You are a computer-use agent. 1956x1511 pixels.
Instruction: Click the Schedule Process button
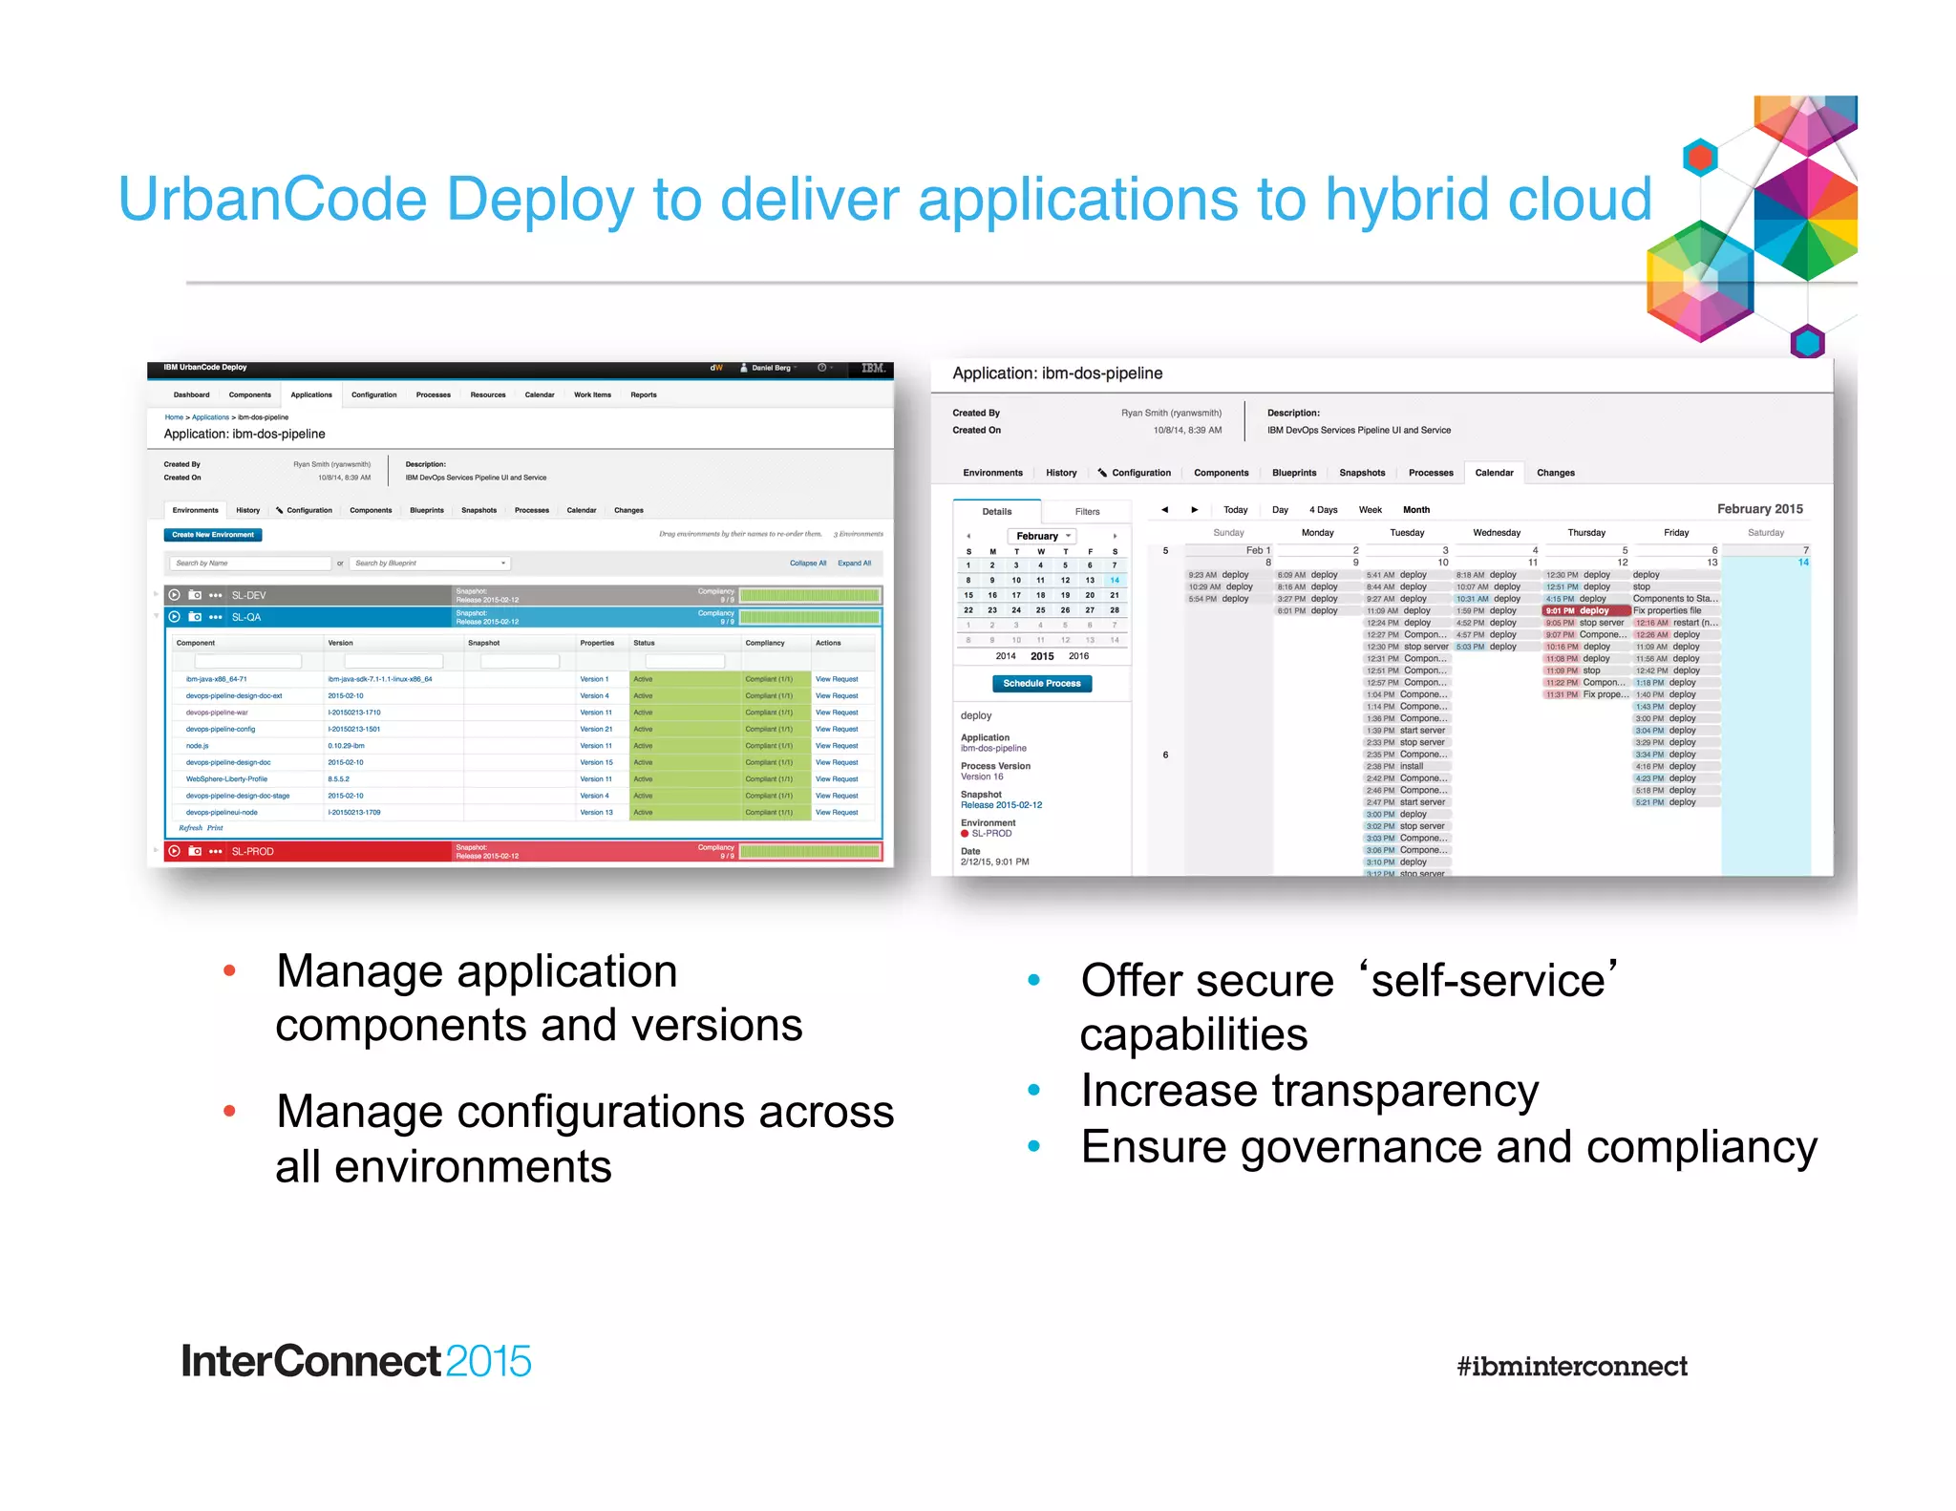pos(1041,683)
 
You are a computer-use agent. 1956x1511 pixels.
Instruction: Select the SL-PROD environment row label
pos(252,851)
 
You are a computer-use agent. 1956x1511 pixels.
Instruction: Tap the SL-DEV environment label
pos(248,595)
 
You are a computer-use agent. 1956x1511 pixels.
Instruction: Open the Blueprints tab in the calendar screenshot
pos(1293,473)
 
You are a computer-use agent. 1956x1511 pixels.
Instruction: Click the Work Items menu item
pos(592,394)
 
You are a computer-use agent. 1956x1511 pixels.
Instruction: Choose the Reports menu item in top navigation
pos(643,394)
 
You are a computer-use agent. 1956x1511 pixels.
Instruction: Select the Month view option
pos(1415,510)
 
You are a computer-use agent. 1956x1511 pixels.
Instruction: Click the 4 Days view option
pos(1323,510)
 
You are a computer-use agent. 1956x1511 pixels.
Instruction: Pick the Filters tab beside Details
pos(1087,512)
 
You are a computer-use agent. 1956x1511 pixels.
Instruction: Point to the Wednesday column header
pos(1496,533)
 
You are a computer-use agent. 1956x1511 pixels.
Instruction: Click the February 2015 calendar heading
pos(1759,509)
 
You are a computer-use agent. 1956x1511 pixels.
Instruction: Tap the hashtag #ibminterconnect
pos(1571,1366)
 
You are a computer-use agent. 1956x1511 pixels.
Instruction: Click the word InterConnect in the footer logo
pos(310,1361)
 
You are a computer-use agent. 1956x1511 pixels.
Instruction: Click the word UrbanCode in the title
pos(272,200)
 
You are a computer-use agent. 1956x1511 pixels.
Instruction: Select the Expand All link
pos(854,564)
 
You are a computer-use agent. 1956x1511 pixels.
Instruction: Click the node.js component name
pos(197,746)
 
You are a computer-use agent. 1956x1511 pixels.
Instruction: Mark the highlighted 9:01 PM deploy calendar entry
pos(1585,610)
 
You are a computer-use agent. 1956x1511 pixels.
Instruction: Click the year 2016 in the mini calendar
pos(1078,656)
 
